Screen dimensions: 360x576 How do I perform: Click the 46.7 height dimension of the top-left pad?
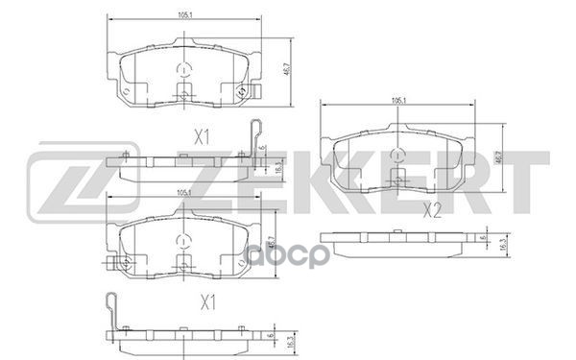(289, 70)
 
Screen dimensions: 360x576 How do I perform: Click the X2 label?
(432, 210)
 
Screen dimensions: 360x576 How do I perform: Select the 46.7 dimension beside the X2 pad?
(495, 156)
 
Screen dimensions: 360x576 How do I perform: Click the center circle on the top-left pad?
(182, 69)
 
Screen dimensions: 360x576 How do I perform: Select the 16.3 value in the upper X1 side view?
(278, 165)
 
